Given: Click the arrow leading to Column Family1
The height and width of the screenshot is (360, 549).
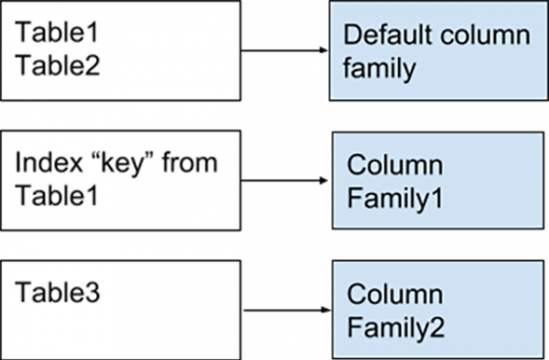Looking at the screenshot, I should [x=284, y=180].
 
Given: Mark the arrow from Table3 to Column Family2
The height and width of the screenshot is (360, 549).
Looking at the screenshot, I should [x=284, y=310].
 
